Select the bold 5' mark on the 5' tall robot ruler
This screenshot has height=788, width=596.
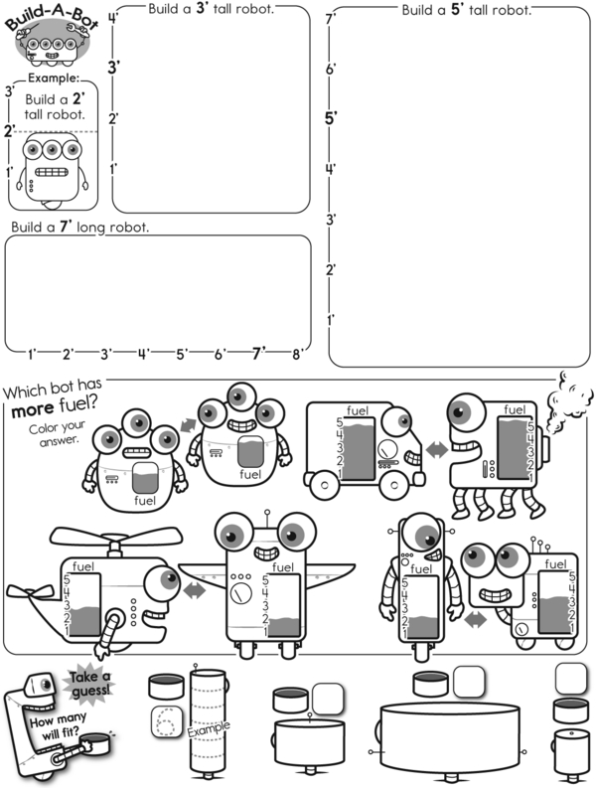tap(332, 117)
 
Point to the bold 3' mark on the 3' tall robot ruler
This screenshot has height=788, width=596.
tap(113, 67)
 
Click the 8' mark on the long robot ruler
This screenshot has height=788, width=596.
tap(297, 353)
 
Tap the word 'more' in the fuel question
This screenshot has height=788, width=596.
tap(31, 408)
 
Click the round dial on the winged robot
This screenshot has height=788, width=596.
tap(238, 594)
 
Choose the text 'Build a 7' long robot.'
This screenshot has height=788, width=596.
tap(79, 227)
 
